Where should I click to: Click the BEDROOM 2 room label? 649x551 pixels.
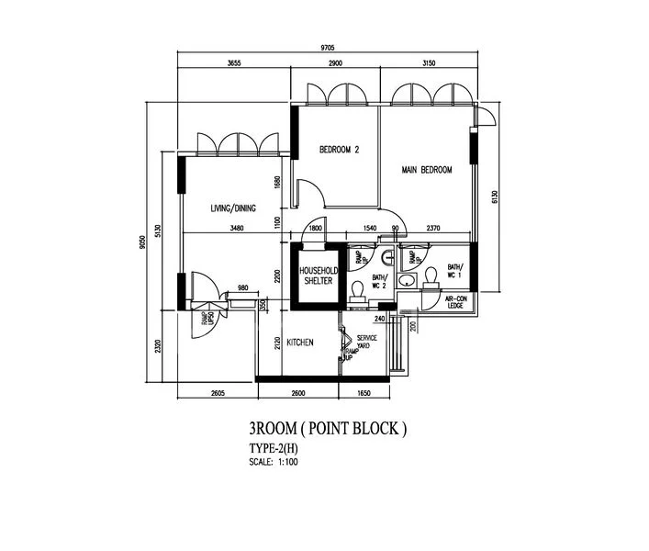pyautogui.click(x=339, y=150)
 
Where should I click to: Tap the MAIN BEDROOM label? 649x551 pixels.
pyautogui.click(x=427, y=170)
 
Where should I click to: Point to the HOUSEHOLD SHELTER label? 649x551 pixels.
pyautogui.click(x=319, y=275)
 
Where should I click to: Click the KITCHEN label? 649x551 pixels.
pyautogui.click(x=300, y=343)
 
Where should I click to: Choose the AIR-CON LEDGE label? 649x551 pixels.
pyautogui.click(x=456, y=303)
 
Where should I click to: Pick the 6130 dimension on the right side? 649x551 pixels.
pyautogui.click(x=493, y=197)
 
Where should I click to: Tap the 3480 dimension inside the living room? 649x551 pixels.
pyautogui.click(x=238, y=228)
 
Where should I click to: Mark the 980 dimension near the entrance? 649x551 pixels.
pyautogui.click(x=243, y=288)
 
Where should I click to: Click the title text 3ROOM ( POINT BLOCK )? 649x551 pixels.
pyautogui.click(x=326, y=429)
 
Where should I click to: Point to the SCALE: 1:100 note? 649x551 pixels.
pyautogui.click(x=274, y=461)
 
